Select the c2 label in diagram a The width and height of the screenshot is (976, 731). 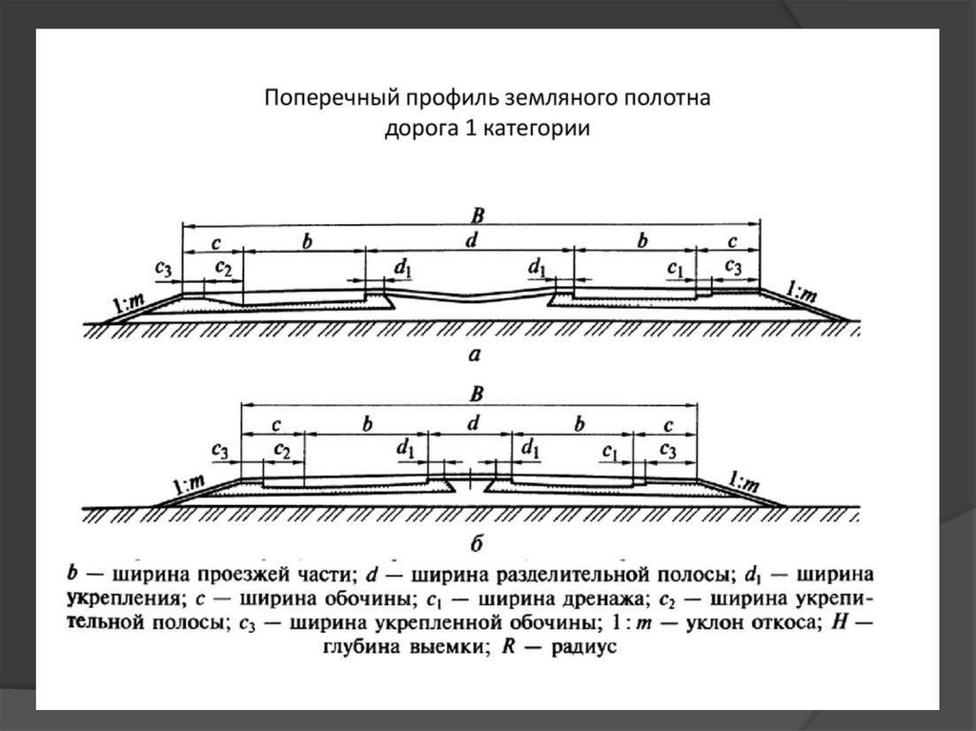click(224, 268)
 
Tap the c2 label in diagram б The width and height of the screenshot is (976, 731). click(283, 448)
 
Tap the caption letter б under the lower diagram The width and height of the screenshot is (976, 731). click(478, 543)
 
